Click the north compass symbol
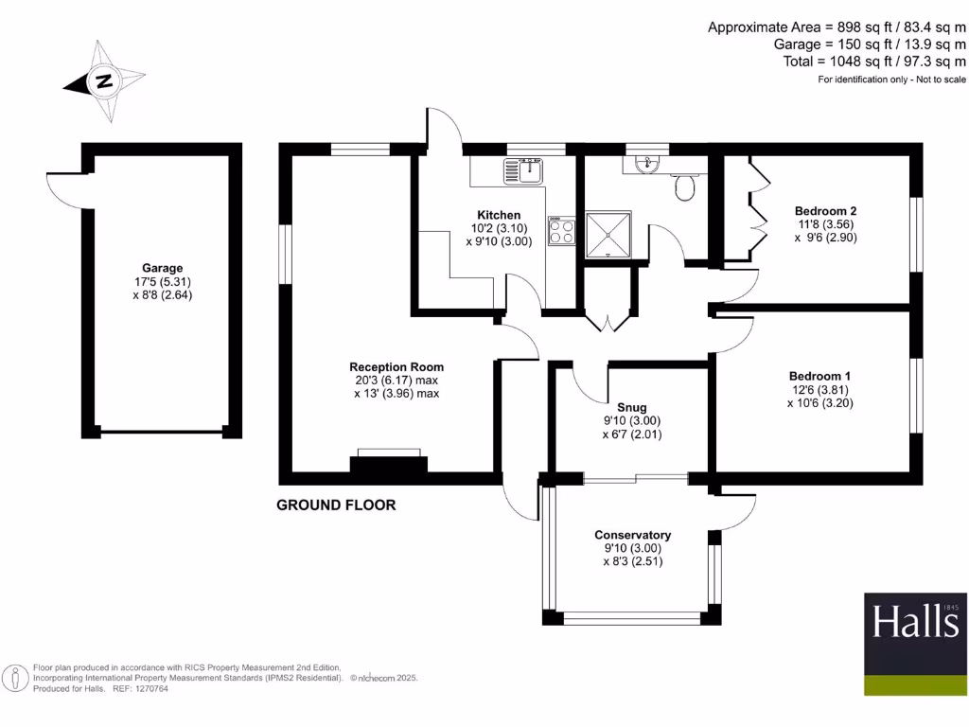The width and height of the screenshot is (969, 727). click(103, 81)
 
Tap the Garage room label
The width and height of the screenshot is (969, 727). click(163, 268)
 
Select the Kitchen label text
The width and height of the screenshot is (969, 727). click(499, 215)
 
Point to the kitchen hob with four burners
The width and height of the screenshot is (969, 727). click(561, 232)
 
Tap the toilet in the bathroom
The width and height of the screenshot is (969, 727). click(683, 188)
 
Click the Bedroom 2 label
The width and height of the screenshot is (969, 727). click(825, 210)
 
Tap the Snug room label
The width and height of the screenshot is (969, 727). click(632, 408)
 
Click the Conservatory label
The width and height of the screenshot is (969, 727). click(632, 535)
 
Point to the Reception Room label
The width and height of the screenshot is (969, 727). click(396, 367)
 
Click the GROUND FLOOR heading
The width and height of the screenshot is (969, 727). click(336, 505)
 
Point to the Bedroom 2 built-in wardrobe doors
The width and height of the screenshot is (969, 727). click(757, 208)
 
